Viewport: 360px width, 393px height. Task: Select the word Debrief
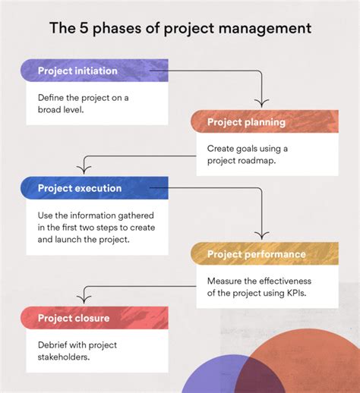pos(55,344)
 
